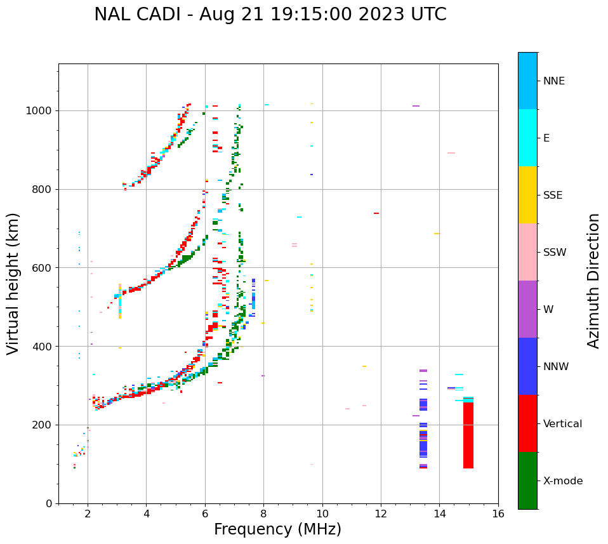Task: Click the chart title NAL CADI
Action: [x=270, y=15]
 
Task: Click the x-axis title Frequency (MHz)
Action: [x=277, y=529]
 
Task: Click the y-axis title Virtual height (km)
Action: [x=14, y=284]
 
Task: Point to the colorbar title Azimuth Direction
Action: [x=593, y=281]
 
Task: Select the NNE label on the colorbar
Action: [x=553, y=81]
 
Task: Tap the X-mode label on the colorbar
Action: [x=562, y=481]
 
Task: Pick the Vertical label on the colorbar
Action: [x=562, y=424]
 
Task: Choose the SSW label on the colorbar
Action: [x=555, y=253]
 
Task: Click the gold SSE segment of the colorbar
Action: [x=527, y=195]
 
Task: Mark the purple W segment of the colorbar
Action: [x=527, y=309]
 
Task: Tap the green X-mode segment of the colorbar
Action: [x=527, y=481]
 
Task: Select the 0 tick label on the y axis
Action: [x=50, y=503]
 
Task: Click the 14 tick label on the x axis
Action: [x=440, y=514]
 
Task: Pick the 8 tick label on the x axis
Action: [x=263, y=514]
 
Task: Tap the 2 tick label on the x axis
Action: [x=88, y=514]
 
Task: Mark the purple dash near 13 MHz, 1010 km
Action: [x=416, y=106]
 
